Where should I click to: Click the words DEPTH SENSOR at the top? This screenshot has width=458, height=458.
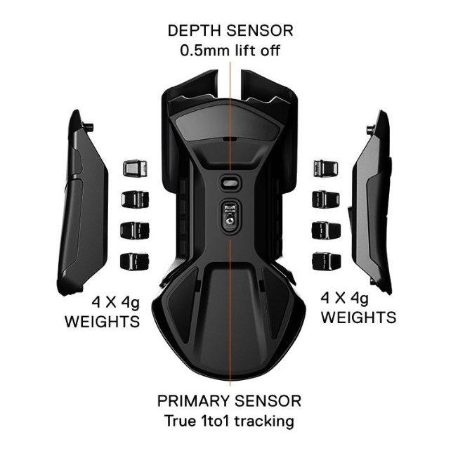[230, 32]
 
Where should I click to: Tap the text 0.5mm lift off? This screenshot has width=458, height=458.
[230, 51]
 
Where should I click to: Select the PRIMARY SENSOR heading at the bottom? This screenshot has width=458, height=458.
[229, 401]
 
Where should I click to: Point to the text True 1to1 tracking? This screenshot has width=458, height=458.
[229, 421]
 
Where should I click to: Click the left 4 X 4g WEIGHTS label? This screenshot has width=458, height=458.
[103, 312]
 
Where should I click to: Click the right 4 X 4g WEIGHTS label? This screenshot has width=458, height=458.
[358, 308]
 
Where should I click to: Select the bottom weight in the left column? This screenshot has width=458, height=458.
[133, 262]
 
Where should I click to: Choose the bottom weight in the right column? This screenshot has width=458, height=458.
[325, 262]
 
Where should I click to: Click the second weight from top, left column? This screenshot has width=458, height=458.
[133, 199]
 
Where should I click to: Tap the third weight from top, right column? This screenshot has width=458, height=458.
[325, 231]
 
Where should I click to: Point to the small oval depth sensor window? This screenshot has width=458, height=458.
[229, 181]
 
